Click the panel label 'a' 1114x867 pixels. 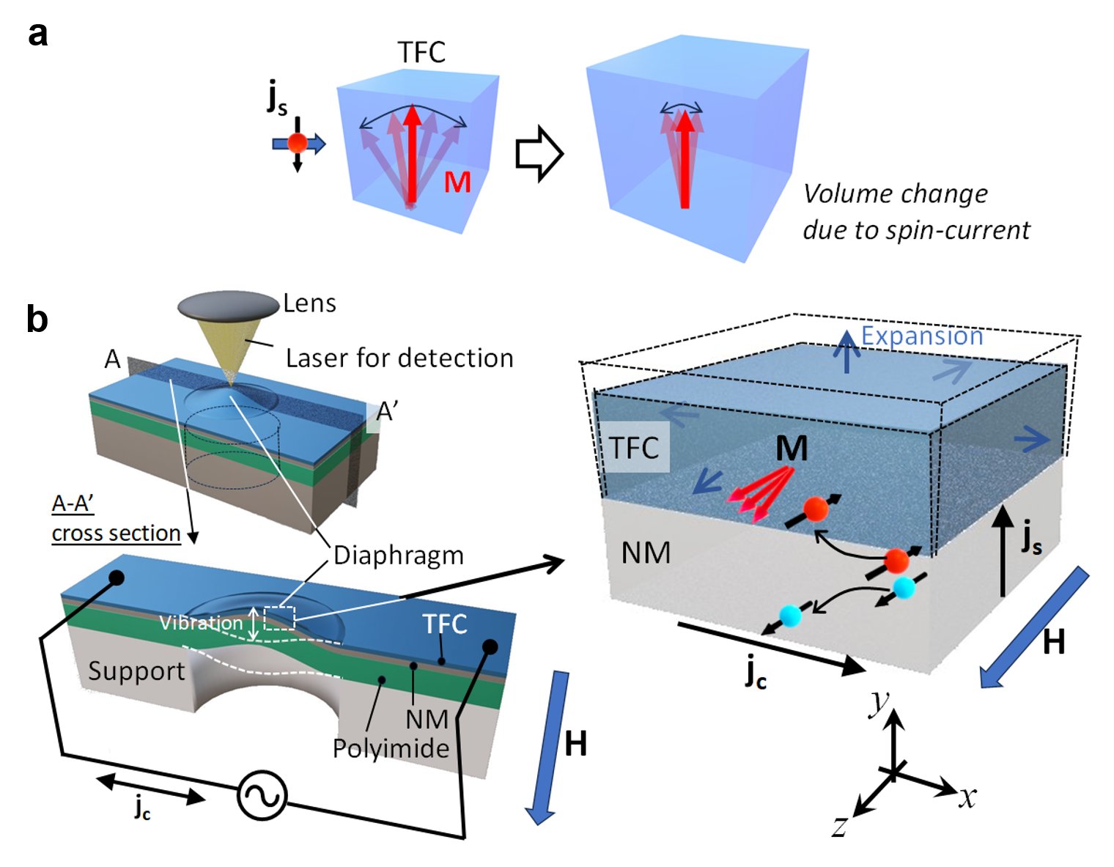coord(37,34)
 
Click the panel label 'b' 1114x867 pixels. coord(37,320)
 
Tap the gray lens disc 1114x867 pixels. coord(229,306)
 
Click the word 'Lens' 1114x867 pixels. coord(309,303)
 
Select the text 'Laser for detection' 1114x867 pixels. coord(399,358)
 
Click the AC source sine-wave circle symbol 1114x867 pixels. coord(262,795)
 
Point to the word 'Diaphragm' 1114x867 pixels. coord(399,556)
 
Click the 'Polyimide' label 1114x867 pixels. coord(391,748)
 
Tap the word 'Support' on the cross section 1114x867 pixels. coord(136,671)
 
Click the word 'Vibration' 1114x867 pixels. coord(201,623)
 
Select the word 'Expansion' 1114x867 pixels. coord(921,336)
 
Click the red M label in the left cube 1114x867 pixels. coord(457,182)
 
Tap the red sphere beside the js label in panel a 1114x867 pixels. coord(297,144)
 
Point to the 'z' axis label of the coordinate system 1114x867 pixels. coord(840,826)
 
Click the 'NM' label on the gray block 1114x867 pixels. coord(646,553)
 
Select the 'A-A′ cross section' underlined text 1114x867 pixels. coord(116,519)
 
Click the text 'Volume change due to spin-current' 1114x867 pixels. coord(915,212)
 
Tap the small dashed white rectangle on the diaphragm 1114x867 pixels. coord(279,618)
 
